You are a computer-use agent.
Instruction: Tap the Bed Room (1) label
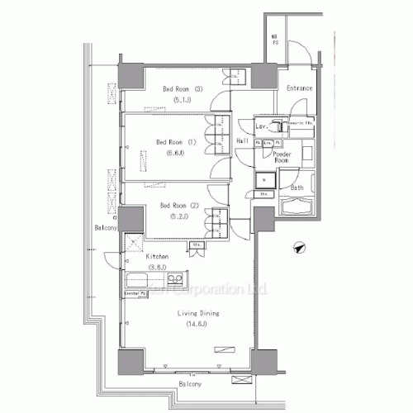(x=175, y=141)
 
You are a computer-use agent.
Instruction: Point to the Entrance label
(x=299, y=88)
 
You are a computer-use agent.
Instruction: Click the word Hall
(x=244, y=142)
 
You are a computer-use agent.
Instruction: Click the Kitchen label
(x=158, y=257)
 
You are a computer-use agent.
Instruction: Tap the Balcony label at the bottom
(x=192, y=384)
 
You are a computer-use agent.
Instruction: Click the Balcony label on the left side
(x=104, y=227)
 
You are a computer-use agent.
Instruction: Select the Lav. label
(x=261, y=126)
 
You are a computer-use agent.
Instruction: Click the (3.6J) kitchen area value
(x=158, y=267)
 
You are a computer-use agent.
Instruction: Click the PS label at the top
(x=275, y=41)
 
